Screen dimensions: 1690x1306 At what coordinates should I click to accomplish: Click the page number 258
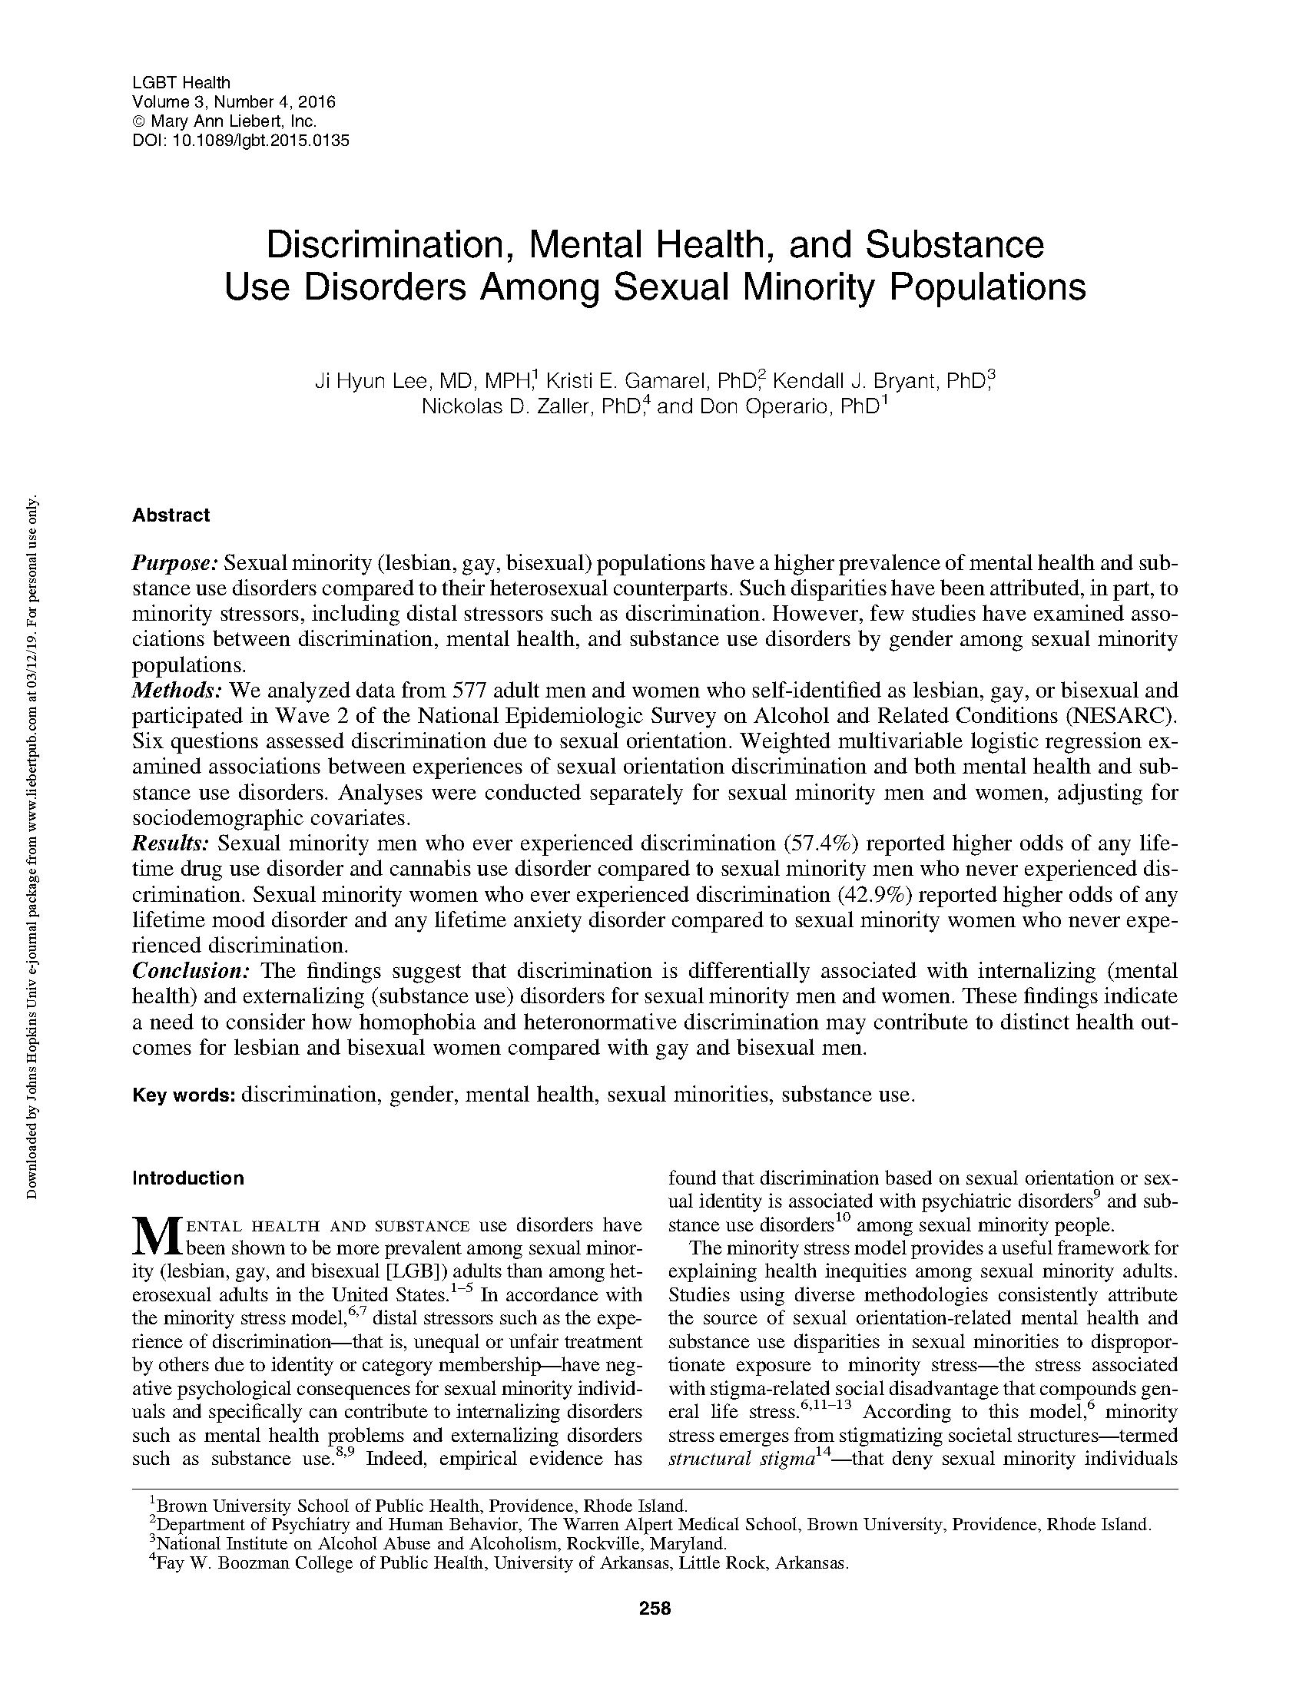[x=655, y=1608]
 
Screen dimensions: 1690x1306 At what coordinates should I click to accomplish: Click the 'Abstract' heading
[x=171, y=515]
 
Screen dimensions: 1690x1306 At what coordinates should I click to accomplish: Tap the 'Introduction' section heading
[x=188, y=1178]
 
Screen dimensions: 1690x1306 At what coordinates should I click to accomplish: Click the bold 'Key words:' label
[x=184, y=1095]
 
